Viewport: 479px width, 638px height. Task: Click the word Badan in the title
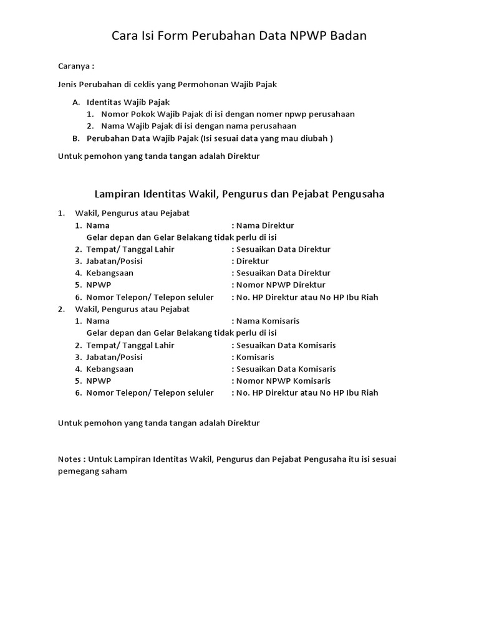(346, 36)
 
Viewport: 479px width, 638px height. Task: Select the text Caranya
(74, 66)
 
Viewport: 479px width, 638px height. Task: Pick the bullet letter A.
(76, 102)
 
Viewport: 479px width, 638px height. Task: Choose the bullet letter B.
(76, 138)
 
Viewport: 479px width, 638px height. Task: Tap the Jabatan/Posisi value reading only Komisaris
(255, 357)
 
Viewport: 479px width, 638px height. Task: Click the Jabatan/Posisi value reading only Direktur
(253, 261)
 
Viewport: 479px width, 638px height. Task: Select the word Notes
(69, 459)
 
